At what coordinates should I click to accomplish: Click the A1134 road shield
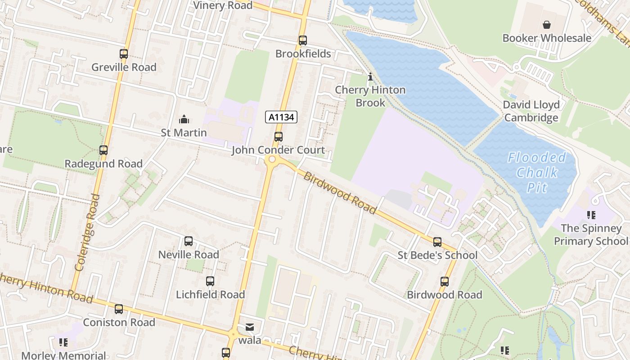click(281, 117)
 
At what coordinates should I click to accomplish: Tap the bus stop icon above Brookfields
click(303, 40)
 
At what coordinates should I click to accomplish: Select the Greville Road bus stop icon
click(124, 54)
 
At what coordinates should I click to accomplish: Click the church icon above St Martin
click(184, 119)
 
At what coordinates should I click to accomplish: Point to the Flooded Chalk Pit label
click(537, 172)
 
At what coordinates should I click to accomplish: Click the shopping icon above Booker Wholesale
click(547, 25)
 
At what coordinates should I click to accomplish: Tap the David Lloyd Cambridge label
click(531, 111)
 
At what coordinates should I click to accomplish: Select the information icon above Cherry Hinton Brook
click(370, 77)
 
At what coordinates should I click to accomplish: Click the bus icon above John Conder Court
click(279, 137)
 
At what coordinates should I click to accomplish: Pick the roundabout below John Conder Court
click(271, 160)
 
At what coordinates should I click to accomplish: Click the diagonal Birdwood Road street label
click(340, 193)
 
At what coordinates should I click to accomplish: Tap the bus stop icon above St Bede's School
click(437, 242)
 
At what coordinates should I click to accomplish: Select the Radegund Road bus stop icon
click(103, 150)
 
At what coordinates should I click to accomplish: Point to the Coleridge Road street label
click(87, 232)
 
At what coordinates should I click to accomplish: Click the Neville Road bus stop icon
click(189, 241)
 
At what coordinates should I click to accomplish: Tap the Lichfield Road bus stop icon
click(210, 281)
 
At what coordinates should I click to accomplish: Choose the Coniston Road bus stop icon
click(119, 309)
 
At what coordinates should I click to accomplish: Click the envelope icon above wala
click(249, 327)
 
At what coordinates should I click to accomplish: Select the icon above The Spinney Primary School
click(591, 215)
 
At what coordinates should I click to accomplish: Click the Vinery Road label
click(223, 5)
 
